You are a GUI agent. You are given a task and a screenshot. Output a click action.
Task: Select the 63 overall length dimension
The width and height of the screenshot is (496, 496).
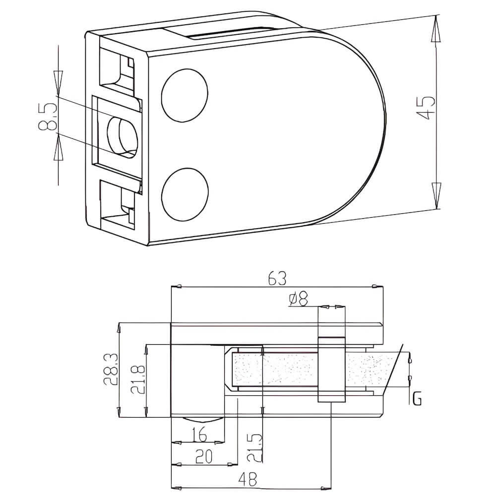point(278,278)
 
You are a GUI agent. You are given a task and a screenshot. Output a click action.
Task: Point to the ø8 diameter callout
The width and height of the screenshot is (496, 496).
point(298,299)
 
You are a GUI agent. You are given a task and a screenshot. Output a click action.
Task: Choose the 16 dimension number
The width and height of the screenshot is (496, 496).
point(198,435)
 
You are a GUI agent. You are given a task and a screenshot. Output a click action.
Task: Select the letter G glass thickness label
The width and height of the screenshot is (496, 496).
point(417,398)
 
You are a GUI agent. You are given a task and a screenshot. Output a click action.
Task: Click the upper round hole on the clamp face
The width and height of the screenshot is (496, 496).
point(185,95)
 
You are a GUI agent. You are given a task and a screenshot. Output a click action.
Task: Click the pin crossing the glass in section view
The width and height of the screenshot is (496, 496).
point(331,370)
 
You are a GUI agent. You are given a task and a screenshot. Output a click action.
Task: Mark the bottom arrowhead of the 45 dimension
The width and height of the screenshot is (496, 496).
point(436,194)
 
